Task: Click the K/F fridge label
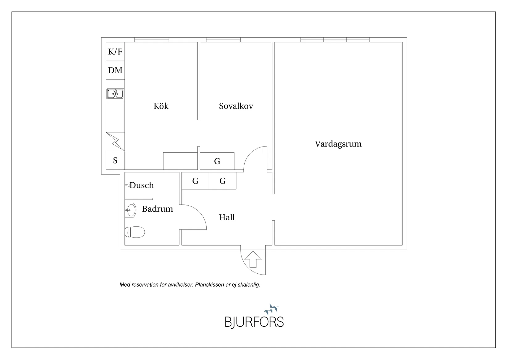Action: click(x=115, y=52)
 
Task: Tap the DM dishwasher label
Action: click(x=115, y=70)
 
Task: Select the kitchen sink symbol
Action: click(x=115, y=93)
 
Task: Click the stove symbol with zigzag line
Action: click(x=115, y=142)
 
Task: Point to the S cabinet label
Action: click(x=115, y=160)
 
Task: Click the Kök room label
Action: click(x=161, y=106)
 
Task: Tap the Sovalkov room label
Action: click(x=236, y=106)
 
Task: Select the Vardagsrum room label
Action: click(x=338, y=144)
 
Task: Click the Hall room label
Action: click(x=227, y=217)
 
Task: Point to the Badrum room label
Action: click(x=157, y=209)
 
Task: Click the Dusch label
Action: click(x=142, y=185)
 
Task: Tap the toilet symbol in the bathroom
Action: click(x=134, y=232)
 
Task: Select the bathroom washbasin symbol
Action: click(x=131, y=210)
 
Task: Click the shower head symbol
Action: click(x=127, y=185)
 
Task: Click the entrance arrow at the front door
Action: click(x=253, y=259)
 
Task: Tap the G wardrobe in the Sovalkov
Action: click(x=217, y=161)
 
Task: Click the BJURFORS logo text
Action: click(x=254, y=322)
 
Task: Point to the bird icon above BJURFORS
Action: click(x=271, y=309)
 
